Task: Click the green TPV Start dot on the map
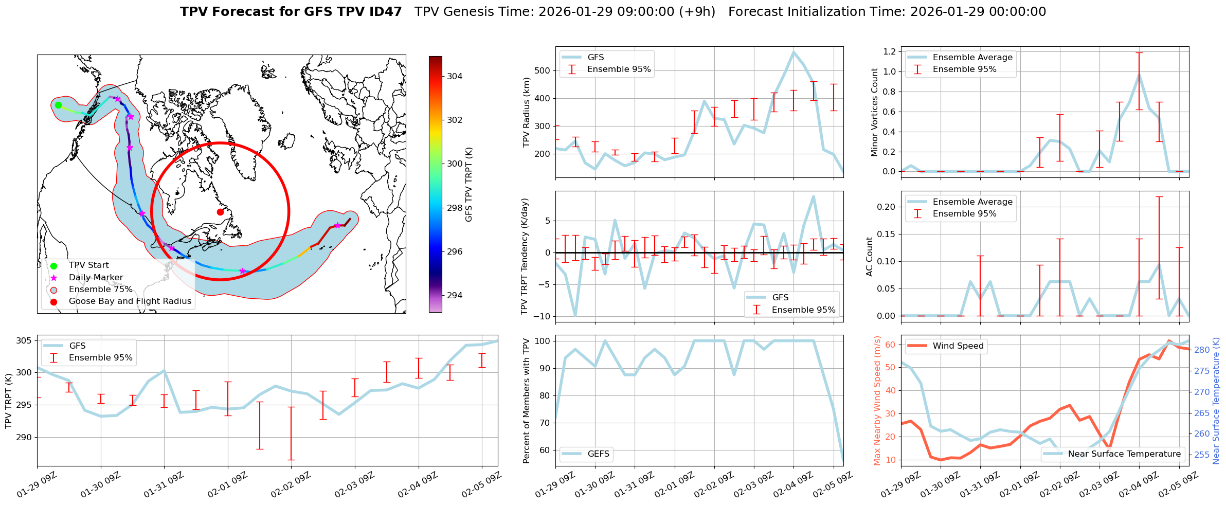(58, 105)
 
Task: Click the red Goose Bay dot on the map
(220, 212)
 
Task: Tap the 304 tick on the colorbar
(455, 76)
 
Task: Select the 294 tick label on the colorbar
(455, 295)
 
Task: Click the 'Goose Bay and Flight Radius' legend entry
(130, 301)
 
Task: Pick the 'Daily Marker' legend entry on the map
(96, 278)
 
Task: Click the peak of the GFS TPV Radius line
(794, 51)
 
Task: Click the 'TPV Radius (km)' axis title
(526, 112)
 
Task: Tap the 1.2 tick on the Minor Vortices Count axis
(889, 51)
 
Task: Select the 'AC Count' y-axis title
(870, 257)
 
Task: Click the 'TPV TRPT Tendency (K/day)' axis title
(525, 257)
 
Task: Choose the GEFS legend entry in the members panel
(598, 454)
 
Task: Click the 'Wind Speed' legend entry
(958, 346)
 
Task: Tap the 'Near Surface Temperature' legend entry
(1124, 454)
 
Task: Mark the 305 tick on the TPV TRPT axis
(24, 340)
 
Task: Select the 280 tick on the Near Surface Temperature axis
(1202, 350)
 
